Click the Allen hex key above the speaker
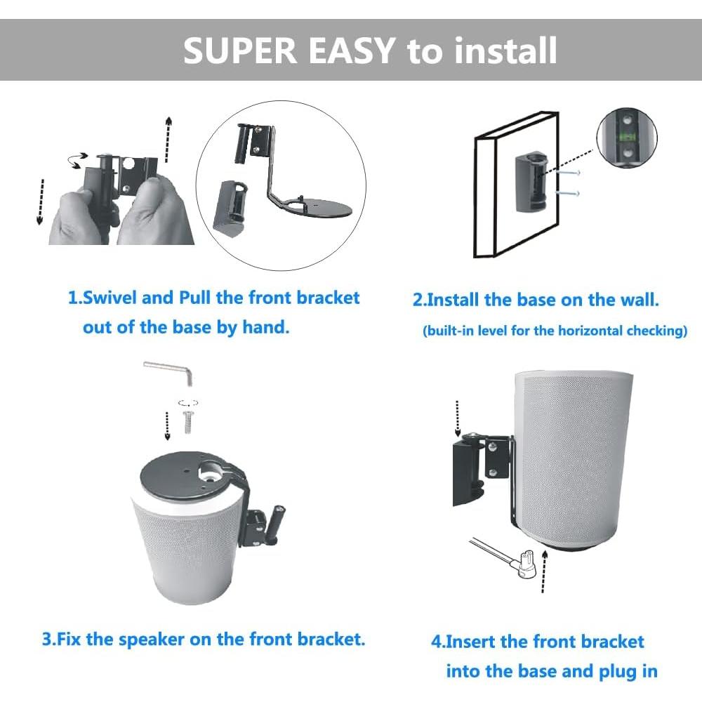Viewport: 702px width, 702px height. (x=168, y=371)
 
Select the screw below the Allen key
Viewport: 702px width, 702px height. (x=187, y=421)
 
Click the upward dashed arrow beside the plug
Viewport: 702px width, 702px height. (x=545, y=572)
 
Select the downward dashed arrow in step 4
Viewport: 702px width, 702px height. (x=457, y=417)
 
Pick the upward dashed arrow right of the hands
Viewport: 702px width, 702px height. (x=168, y=140)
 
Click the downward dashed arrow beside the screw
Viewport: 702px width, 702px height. (x=166, y=425)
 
